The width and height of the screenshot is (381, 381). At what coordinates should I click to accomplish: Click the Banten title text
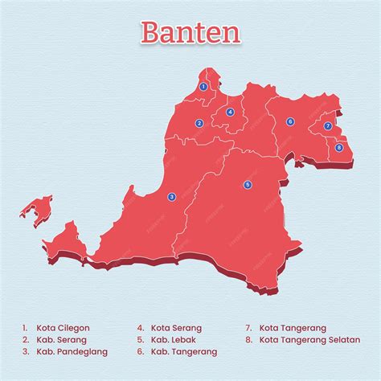point(190,32)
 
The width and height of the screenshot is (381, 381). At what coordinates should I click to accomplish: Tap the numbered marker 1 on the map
point(203,86)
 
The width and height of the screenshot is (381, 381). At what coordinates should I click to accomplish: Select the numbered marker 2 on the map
point(199,123)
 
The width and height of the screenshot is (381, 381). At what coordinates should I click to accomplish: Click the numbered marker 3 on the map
point(171,196)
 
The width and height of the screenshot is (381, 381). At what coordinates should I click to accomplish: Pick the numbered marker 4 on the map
point(230,113)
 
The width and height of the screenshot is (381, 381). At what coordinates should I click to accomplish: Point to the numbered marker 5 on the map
point(248,184)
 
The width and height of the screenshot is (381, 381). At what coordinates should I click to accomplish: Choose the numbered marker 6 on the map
point(290,121)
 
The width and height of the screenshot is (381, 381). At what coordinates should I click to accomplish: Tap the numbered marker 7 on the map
point(327,126)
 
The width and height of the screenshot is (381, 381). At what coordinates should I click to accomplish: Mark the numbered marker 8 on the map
point(338,147)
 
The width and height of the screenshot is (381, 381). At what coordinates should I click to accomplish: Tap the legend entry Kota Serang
point(176,328)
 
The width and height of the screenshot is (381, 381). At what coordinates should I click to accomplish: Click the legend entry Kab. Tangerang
point(183,352)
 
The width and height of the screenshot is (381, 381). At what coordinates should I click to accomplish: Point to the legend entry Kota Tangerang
point(293,328)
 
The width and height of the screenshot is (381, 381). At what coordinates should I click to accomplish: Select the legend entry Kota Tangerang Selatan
point(309,340)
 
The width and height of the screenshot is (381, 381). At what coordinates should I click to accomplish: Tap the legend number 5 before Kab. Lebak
point(140,340)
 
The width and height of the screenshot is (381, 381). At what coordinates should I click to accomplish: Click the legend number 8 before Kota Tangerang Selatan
point(249,340)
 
